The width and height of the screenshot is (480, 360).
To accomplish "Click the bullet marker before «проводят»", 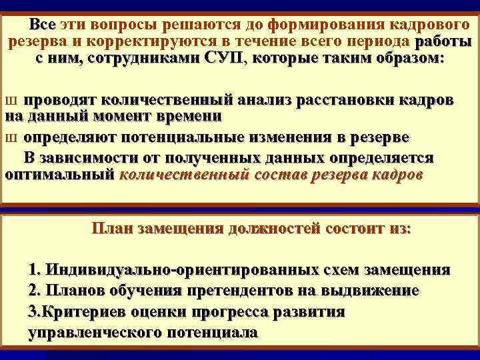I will coord(9,101).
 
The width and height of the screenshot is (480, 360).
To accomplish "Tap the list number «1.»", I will coord(36,271).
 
